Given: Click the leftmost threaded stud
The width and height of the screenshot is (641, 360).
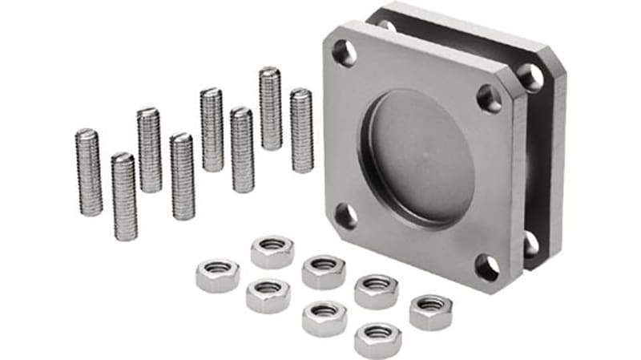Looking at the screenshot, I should (89, 172).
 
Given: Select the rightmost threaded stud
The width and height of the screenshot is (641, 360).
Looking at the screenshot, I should (301, 131).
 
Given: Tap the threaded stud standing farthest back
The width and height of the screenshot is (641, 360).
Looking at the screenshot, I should (270, 108).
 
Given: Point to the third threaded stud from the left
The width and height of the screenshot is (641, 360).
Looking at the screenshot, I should (149, 150).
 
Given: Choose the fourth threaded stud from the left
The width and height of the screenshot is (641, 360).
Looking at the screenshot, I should (183, 176).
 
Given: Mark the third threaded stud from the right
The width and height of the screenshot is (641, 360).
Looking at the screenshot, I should (242, 150).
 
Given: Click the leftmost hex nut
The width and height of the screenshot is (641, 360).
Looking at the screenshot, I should (217, 275).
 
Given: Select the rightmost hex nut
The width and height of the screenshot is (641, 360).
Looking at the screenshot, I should (430, 312).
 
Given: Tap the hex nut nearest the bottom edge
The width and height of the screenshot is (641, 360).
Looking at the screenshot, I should (377, 339).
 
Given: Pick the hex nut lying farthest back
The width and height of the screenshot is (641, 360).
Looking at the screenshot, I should (272, 251).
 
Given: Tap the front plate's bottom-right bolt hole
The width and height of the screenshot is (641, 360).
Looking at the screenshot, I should (487, 268).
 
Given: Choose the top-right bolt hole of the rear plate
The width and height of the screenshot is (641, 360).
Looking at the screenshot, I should (530, 76).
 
